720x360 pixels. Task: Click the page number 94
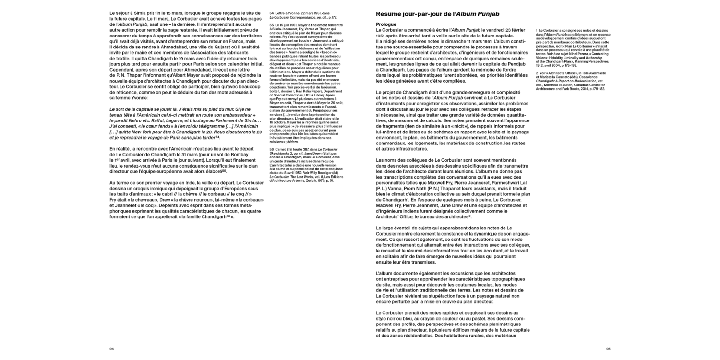click(112, 349)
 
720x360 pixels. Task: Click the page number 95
click(608, 349)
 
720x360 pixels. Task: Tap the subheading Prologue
click(386, 24)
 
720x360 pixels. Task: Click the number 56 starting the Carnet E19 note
click(272, 150)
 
